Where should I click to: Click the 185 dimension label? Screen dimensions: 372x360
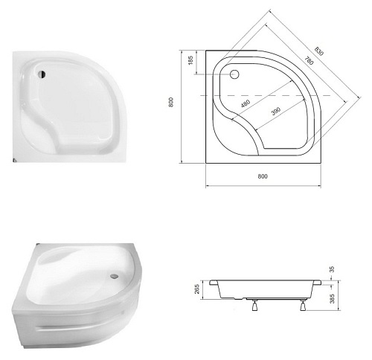pyautogui.click(x=190, y=60)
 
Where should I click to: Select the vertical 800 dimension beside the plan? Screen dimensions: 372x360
pyautogui.click(x=171, y=102)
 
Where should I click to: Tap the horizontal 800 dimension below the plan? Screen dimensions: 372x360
pyautogui.click(x=263, y=176)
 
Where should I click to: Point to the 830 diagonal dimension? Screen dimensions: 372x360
pyautogui.click(x=319, y=51)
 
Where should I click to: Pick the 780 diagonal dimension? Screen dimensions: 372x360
pyautogui.click(x=309, y=60)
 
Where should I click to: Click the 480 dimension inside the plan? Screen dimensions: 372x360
pyautogui.click(x=246, y=103)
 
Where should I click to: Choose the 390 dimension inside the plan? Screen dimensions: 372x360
pyautogui.click(x=276, y=112)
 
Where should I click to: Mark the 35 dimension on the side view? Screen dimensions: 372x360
pyautogui.click(x=333, y=269)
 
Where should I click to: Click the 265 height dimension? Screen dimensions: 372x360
pyautogui.click(x=197, y=289)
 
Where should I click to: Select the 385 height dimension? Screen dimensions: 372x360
pyautogui.click(x=333, y=298)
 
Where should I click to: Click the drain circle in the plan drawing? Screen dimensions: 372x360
pyautogui.click(x=234, y=74)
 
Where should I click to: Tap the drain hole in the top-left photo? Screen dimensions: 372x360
pyautogui.click(x=42, y=74)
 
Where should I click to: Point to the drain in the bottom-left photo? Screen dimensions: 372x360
pyautogui.click(x=114, y=275)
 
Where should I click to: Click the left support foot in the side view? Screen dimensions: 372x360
pyautogui.click(x=254, y=305)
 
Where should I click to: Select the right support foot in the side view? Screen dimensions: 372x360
pyautogui.click(x=303, y=305)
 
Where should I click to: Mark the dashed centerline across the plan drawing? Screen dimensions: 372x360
pyautogui.click(x=266, y=95)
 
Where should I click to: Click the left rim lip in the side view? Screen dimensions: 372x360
pyautogui.click(x=214, y=283)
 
